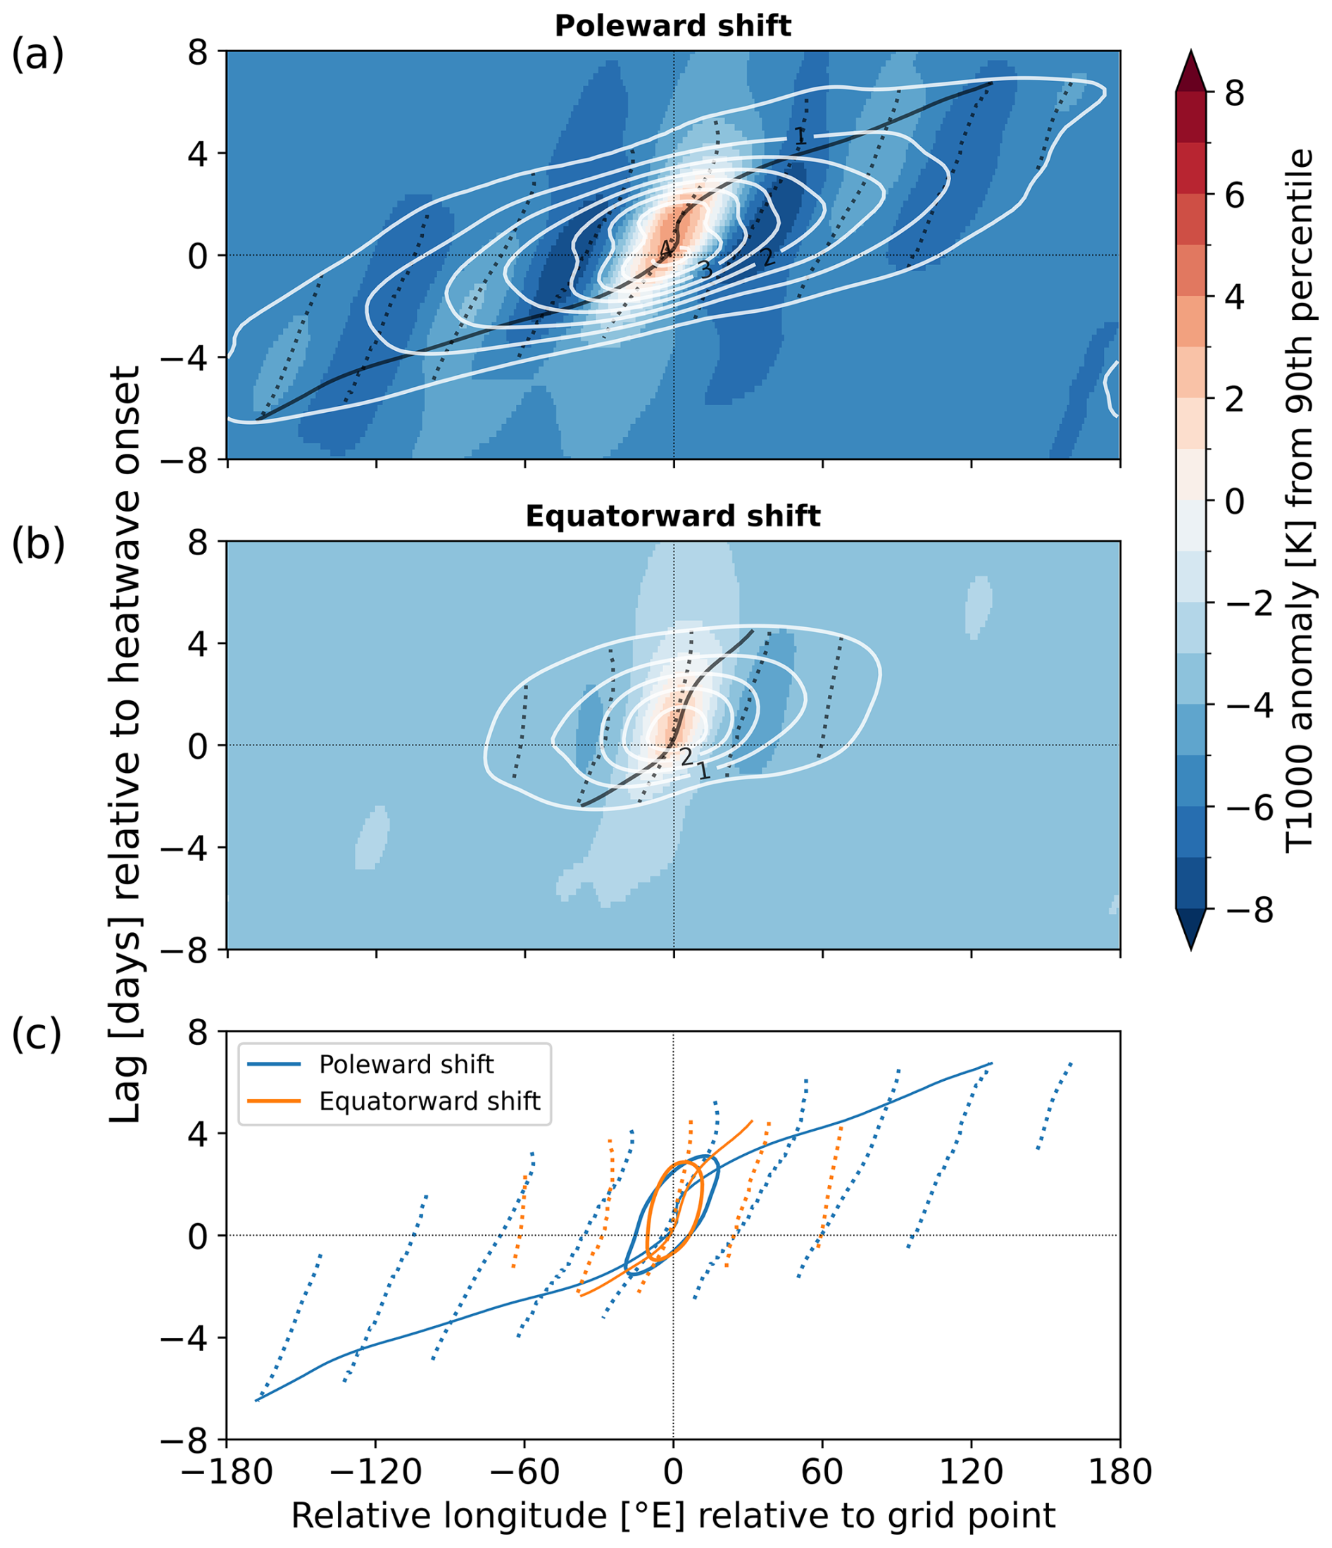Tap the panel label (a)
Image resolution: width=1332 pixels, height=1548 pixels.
click(x=37, y=56)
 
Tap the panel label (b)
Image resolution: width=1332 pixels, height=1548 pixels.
click(x=37, y=545)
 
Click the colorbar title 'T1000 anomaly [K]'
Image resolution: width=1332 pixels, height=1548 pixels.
click(x=1300, y=500)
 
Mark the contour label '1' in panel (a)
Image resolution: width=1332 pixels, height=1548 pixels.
click(x=799, y=137)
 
